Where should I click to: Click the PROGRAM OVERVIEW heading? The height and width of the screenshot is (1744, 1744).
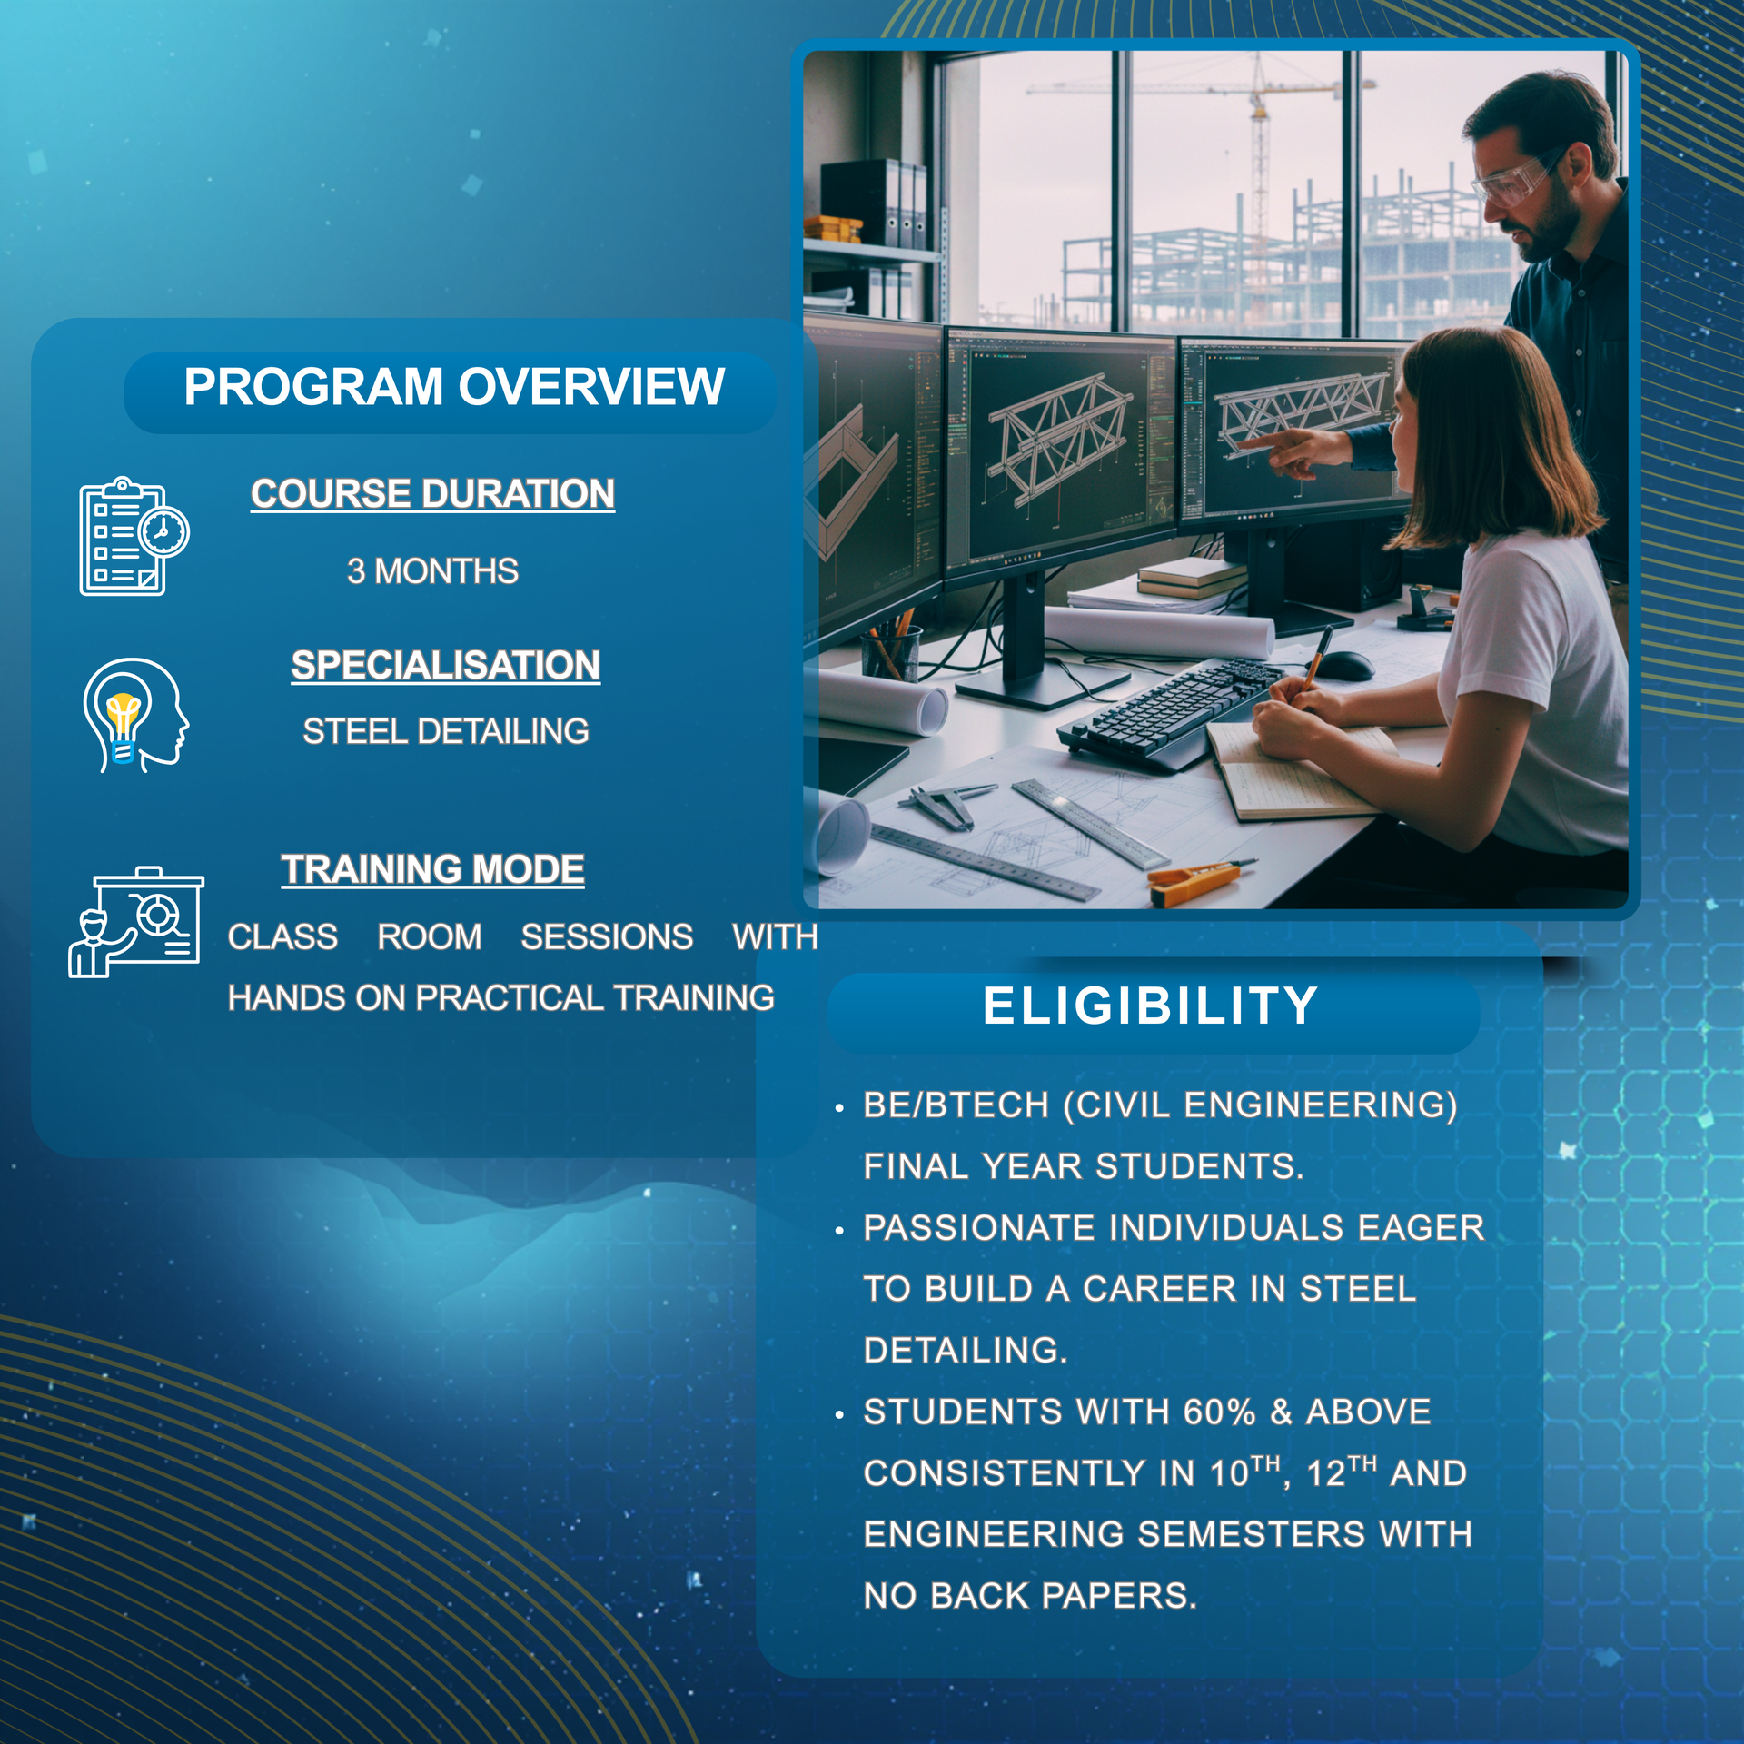(454, 387)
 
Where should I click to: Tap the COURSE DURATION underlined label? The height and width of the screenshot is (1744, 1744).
(433, 494)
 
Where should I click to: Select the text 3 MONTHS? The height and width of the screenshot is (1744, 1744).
(432, 571)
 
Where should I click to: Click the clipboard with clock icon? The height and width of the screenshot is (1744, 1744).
(134, 537)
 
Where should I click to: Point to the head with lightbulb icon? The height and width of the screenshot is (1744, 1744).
(135, 716)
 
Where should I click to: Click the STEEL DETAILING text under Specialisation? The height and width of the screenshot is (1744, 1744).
(446, 731)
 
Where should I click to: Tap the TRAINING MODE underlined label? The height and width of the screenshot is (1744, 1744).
(432, 869)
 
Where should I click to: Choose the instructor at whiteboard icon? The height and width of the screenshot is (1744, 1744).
(135, 922)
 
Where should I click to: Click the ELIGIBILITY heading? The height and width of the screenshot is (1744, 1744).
(1150, 1006)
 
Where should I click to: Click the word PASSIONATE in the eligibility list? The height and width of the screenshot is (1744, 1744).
(979, 1228)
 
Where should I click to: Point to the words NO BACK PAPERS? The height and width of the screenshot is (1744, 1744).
(1030, 1596)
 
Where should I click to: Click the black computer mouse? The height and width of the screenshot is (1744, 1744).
(1344, 666)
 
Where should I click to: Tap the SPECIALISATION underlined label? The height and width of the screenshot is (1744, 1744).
(446, 666)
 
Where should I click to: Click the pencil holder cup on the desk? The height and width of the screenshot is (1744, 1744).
(890, 652)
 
